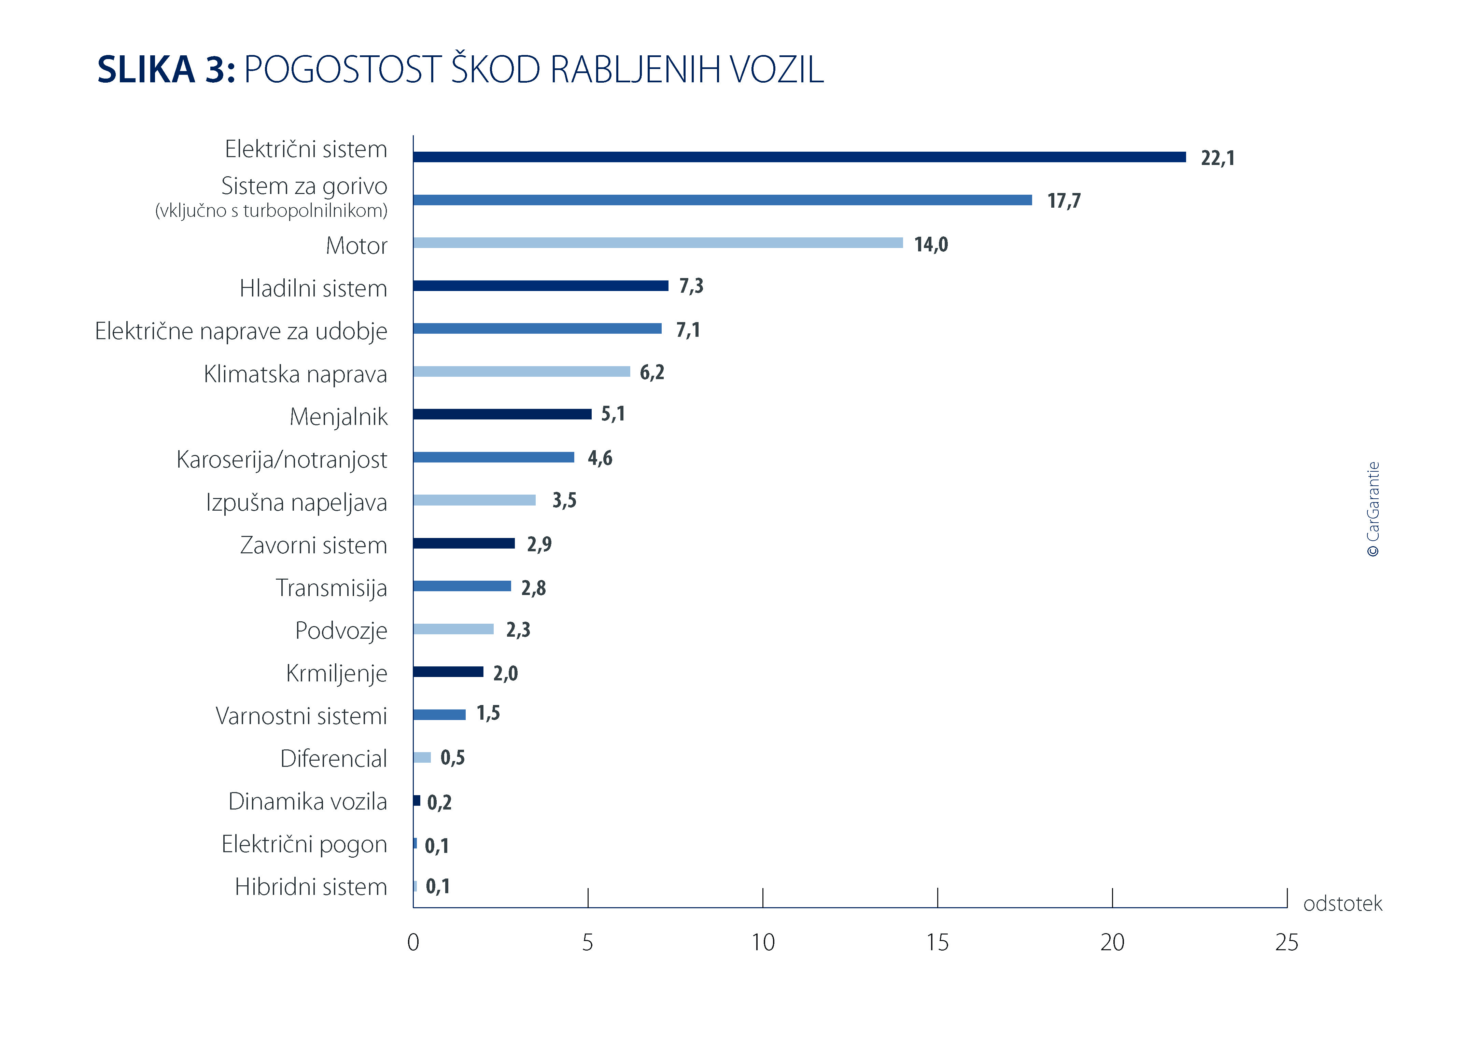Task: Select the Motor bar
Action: (658, 243)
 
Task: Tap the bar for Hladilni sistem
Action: (540, 286)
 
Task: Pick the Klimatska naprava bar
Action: (521, 372)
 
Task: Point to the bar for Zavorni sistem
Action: (464, 543)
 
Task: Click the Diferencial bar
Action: (422, 758)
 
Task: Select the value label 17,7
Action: (1064, 200)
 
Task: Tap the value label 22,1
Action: (1217, 158)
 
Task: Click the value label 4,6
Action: (599, 458)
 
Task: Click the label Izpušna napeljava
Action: (296, 502)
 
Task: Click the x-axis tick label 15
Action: (937, 943)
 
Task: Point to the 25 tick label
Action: (1286, 943)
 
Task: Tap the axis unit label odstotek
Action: (1342, 904)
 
